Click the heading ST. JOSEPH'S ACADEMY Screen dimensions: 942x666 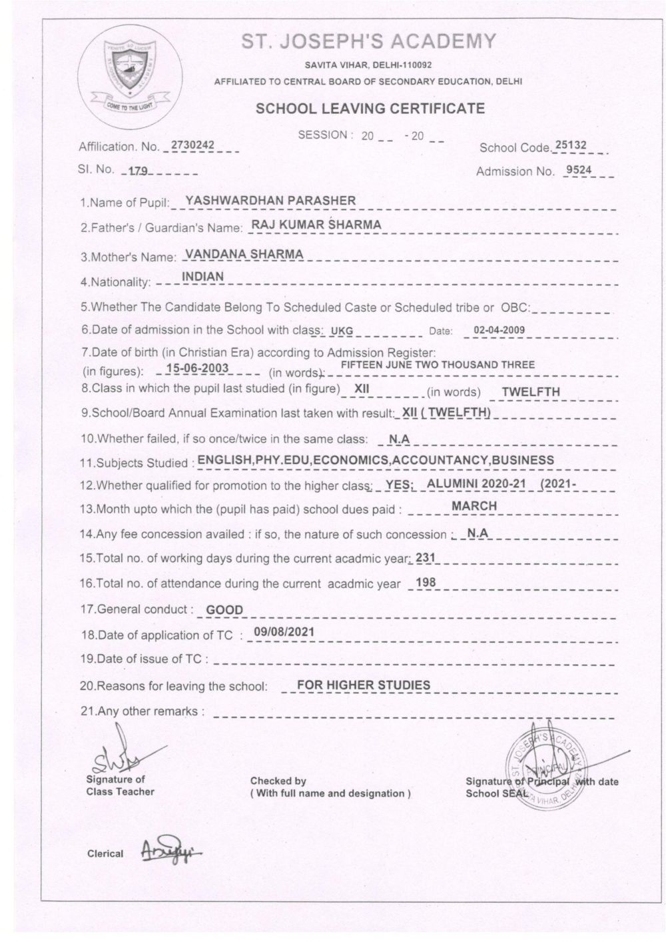click(x=368, y=41)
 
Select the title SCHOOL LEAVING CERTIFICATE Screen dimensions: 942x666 click(x=370, y=108)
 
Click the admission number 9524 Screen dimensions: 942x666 click(x=577, y=169)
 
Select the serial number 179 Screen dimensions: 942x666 click(x=138, y=171)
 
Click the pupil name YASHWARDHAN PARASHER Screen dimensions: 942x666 click(x=270, y=200)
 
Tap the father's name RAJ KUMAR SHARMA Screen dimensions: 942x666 click(x=316, y=225)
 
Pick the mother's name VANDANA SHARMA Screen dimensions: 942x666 click(x=244, y=254)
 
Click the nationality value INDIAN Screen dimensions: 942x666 click(x=203, y=276)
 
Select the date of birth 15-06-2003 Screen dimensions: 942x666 click(x=197, y=368)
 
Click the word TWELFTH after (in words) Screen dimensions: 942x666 click(x=531, y=392)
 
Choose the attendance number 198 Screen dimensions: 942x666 click(x=425, y=583)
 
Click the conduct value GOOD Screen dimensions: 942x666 click(x=224, y=609)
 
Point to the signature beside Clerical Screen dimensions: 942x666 click(x=170, y=851)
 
